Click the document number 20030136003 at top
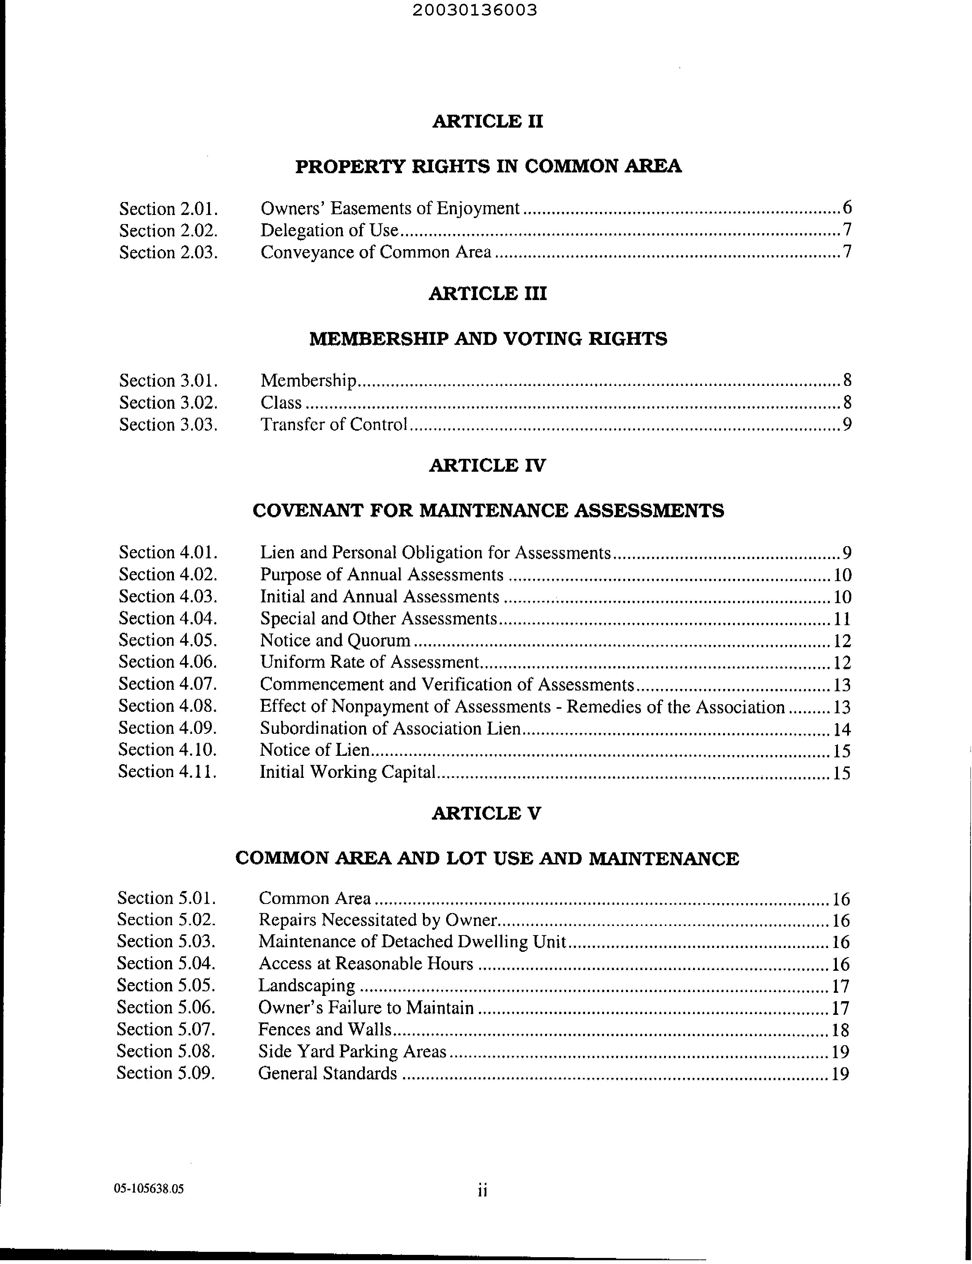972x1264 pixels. pos(475,10)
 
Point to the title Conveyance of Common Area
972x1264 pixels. pos(376,252)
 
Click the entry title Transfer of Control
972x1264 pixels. pos(334,425)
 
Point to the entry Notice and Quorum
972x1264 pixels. pos(335,641)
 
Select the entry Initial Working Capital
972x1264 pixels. pos(347,772)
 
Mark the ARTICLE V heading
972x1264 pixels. pos(487,814)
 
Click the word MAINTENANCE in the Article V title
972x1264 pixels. pos(664,859)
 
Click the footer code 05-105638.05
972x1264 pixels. pos(149,1189)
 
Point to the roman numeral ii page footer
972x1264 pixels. pos(483,1190)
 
